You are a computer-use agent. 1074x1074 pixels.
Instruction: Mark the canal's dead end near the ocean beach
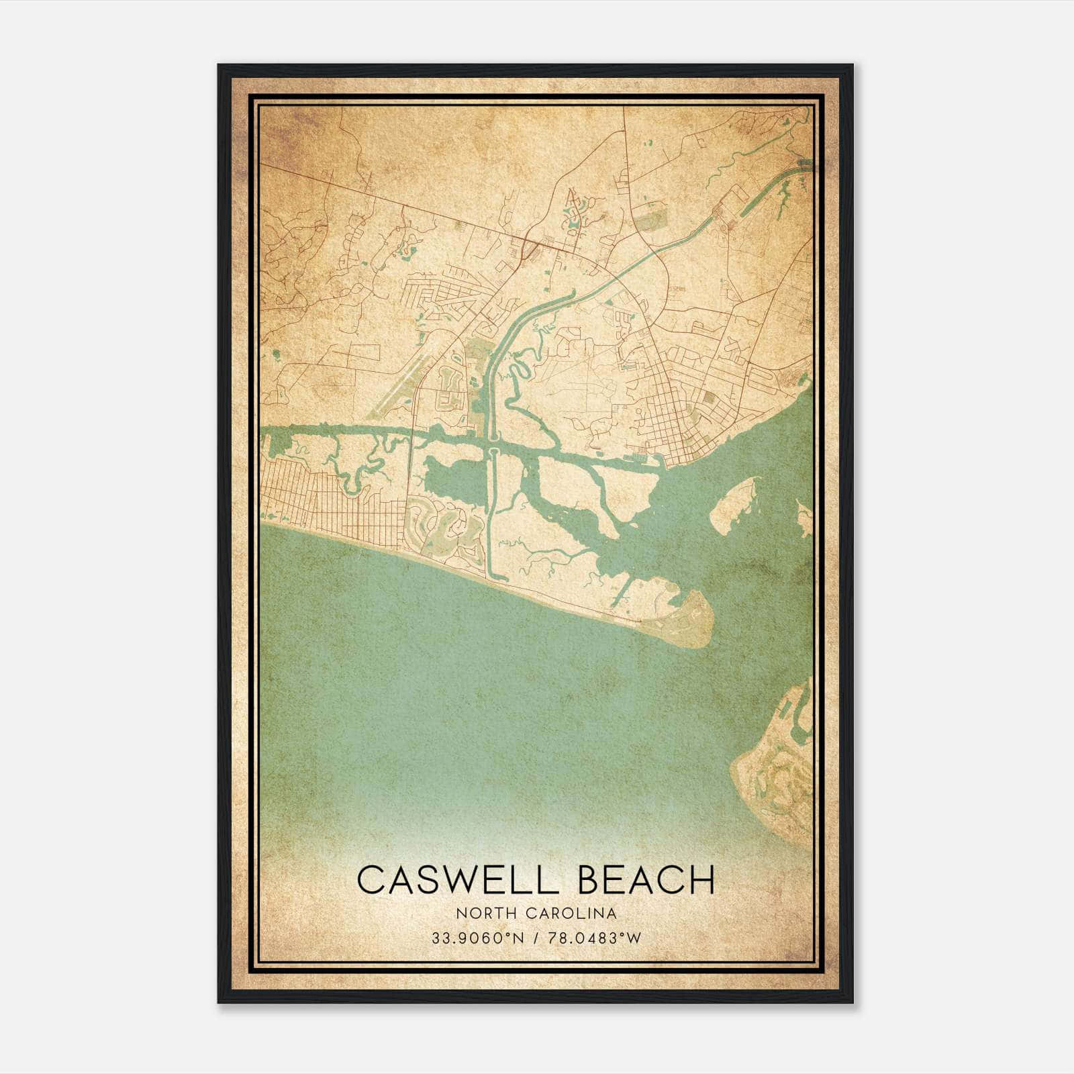pos(489,574)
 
